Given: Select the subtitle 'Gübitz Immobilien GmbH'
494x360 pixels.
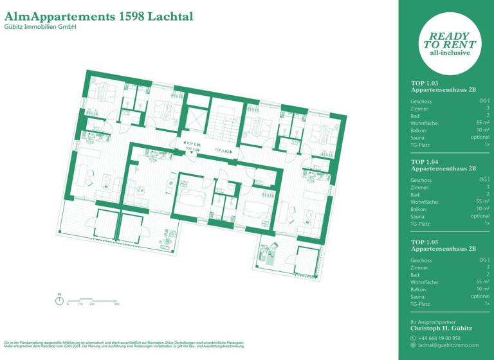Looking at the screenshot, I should pos(40,27).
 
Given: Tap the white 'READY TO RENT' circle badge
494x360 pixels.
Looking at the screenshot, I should pos(450,44).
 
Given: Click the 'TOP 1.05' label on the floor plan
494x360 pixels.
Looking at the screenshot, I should pos(193,145).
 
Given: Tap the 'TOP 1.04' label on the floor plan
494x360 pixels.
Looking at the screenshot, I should pos(193,149).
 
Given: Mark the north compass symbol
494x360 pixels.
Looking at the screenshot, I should pos(59,300).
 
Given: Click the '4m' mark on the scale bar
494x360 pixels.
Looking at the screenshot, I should pos(116,303).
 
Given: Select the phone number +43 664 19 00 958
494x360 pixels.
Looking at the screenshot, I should pos(439,337).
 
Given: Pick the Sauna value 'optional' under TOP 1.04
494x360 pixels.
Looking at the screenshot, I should pos(480,216).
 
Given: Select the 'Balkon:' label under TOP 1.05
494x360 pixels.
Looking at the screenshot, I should pos(418,289).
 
